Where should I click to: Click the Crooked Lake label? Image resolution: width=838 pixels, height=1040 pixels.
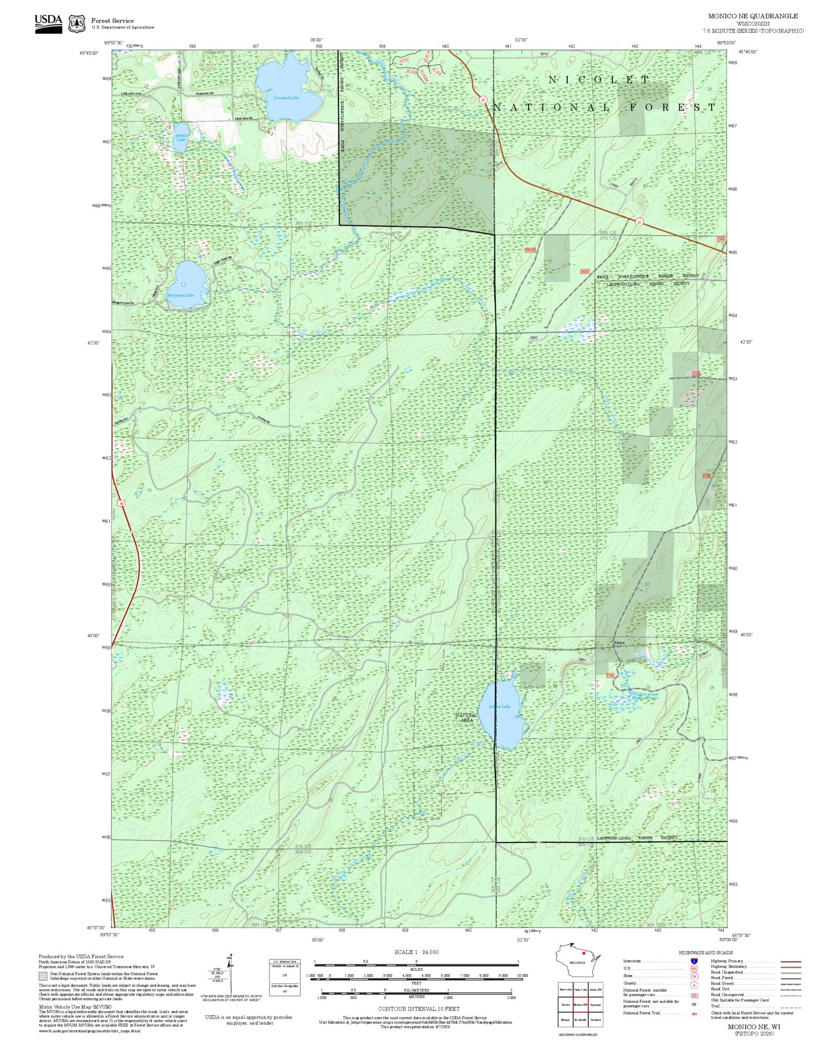[286, 98]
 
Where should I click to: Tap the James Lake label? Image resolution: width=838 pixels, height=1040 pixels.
[181, 137]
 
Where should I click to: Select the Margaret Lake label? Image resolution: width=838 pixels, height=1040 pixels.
[180, 295]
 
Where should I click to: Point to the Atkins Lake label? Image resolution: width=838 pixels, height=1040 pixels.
[499, 706]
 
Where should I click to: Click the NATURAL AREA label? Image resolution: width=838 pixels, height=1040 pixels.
[466, 717]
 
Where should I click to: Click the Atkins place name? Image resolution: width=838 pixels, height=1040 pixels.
[619, 643]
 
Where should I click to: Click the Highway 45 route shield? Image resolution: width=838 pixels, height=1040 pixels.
[122, 503]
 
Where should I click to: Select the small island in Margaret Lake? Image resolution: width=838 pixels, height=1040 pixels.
[183, 284]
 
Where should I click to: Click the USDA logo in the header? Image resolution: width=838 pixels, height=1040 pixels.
[48, 24]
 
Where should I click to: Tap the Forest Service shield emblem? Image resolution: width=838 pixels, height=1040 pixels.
[78, 24]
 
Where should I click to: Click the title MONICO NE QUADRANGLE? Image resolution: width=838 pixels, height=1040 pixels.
[753, 16]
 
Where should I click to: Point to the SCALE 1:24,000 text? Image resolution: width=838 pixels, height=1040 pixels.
[416, 952]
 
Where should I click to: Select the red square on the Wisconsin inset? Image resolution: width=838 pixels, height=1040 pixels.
[583, 953]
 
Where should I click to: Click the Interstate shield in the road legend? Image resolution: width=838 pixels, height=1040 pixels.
[694, 961]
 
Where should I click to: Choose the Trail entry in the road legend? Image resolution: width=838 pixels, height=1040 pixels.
[715, 1006]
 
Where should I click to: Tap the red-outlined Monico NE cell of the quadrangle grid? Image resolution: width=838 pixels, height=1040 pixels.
[580, 1004]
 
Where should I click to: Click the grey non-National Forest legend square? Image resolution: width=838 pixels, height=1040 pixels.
[43, 976]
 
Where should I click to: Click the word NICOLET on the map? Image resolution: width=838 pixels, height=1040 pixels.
[599, 80]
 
